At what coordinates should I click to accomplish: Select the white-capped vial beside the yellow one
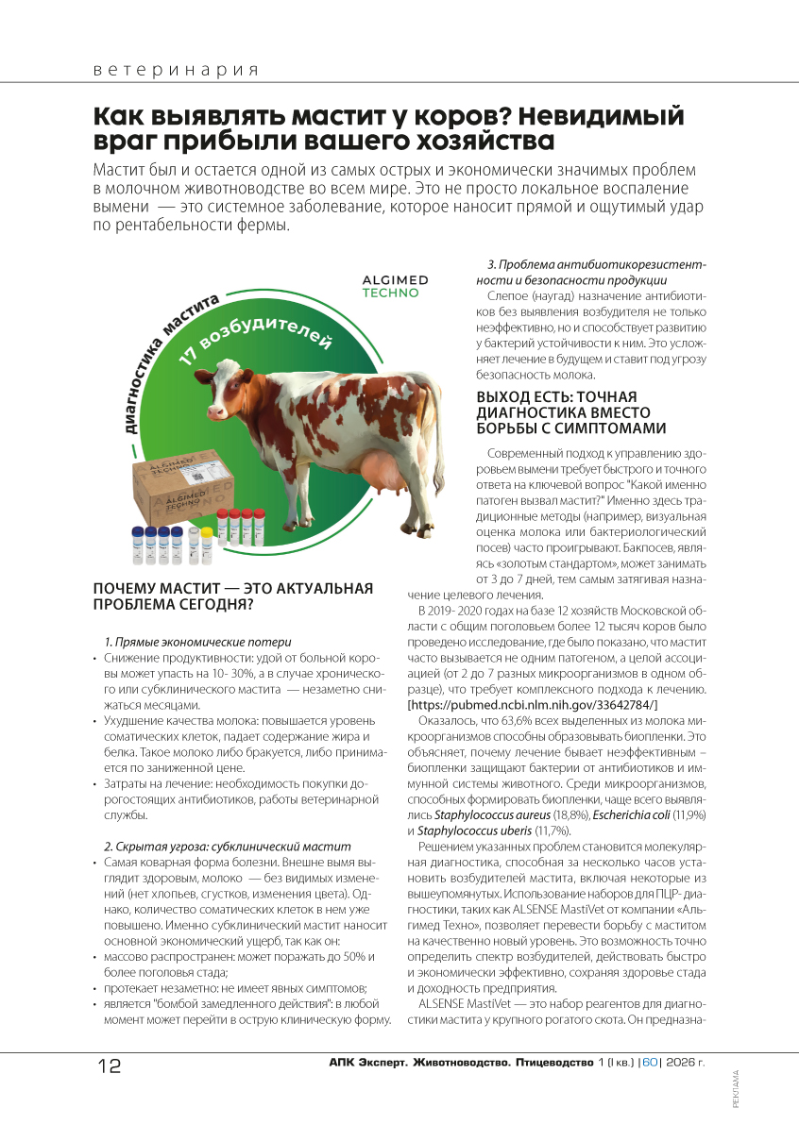[193, 546]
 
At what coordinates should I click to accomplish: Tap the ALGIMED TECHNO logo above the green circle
[395, 287]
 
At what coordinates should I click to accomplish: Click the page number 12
[109, 1065]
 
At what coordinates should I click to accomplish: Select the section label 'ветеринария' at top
[176, 70]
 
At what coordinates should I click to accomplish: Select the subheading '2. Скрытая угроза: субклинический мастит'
[227, 846]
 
